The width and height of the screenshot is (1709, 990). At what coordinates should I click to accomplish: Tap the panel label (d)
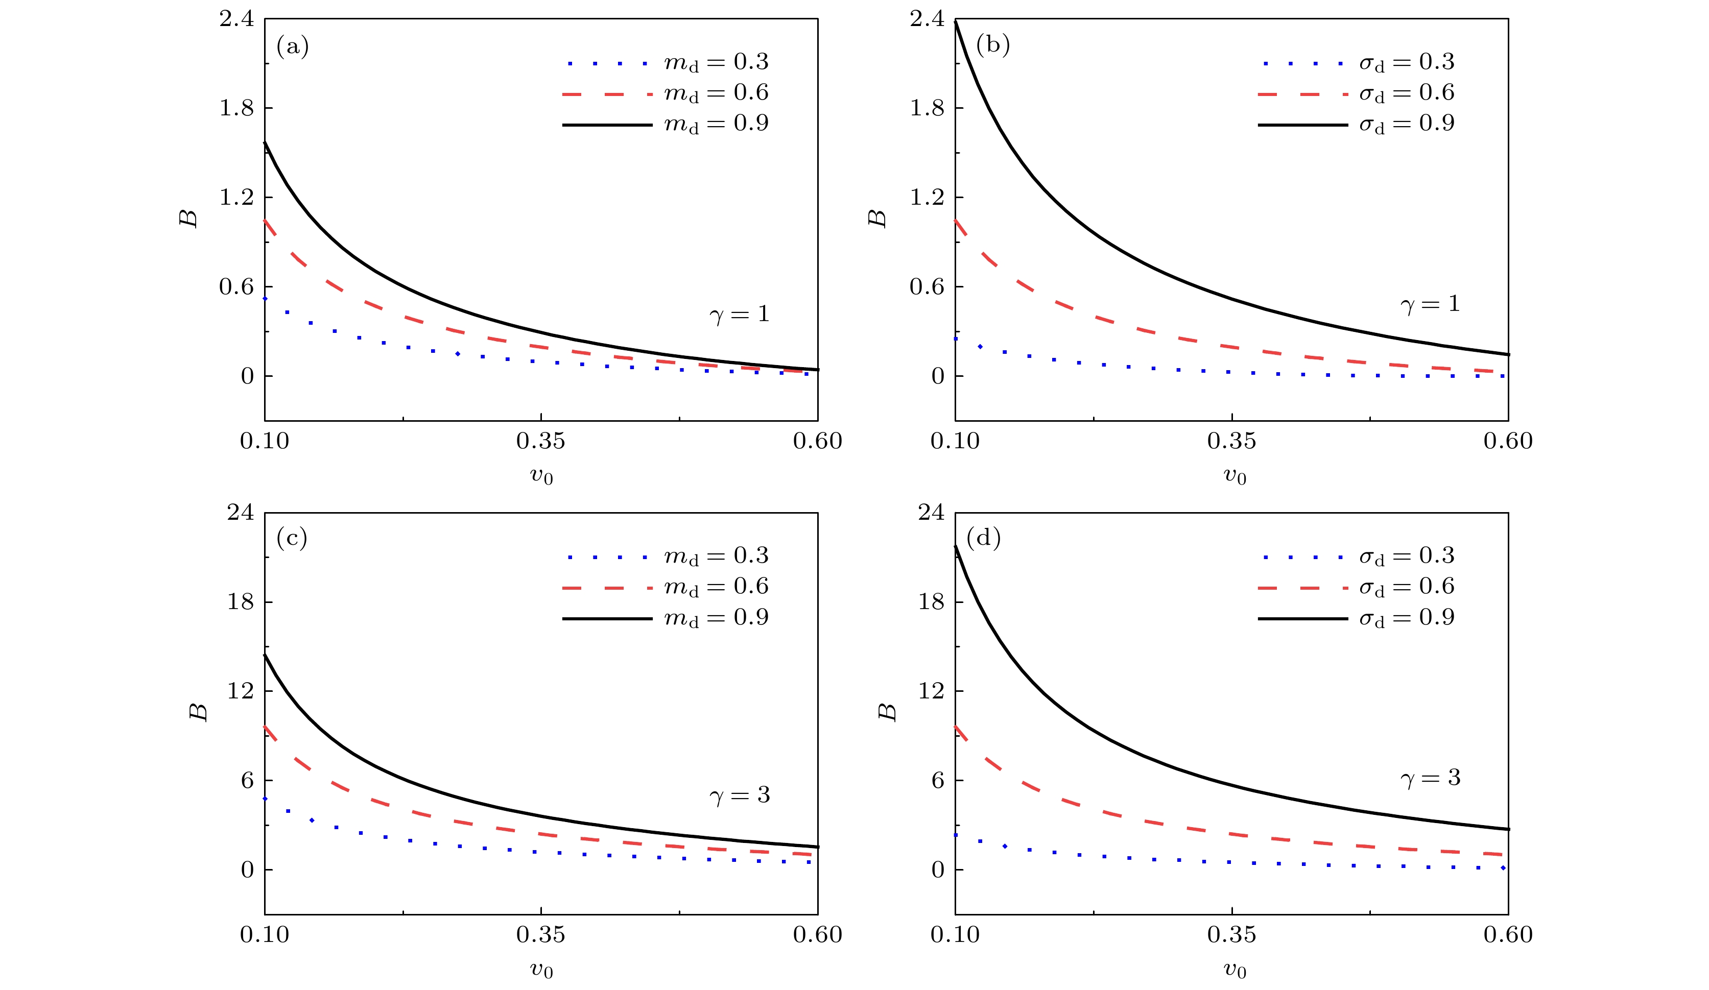click(x=983, y=538)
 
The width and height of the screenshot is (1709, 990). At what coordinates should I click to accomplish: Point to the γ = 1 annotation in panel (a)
click(x=739, y=314)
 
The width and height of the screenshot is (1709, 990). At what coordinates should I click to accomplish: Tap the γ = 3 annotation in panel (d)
click(x=1430, y=778)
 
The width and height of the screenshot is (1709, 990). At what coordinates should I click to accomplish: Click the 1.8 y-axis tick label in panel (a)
click(x=236, y=108)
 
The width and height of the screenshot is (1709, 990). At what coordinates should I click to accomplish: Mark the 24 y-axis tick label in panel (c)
click(x=241, y=512)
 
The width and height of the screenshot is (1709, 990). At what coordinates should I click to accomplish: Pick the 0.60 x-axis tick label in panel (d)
click(x=1508, y=934)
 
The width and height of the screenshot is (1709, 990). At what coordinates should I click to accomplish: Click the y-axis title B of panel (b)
click(x=877, y=219)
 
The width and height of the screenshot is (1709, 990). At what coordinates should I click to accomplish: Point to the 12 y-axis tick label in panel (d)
click(x=931, y=691)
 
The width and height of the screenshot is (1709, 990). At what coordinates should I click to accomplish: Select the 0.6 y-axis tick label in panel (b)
click(x=927, y=287)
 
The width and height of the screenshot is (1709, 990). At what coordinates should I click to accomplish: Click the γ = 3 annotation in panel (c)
click(x=739, y=795)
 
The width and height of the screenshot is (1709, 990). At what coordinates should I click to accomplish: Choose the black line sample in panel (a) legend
click(x=607, y=125)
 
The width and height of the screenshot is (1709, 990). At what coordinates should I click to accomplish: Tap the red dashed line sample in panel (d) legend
click(x=1302, y=588)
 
